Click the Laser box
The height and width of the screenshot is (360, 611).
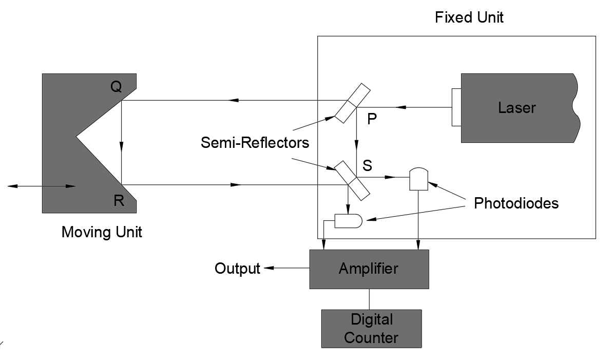pyautogui.click(x=516, y=108)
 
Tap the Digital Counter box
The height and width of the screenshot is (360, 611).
pyautogui.click(x=371, y=329)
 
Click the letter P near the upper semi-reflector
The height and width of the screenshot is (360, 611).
pyautogui.click(x=373, y=119)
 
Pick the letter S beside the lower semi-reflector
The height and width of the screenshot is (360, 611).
pyautogui.click(x=368, y=166)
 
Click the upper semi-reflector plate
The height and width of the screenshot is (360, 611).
pyautogui.click(x=352, y=103)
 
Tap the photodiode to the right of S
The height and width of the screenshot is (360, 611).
pyautogui.click(x=419, y=179)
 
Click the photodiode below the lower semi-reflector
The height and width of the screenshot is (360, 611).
pyautogui.click(x=348, y=221)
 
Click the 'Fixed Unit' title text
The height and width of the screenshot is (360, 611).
pyautogui.click(x=469, y=18)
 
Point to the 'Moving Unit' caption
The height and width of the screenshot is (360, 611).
pyautogui.click(x=102, y=232)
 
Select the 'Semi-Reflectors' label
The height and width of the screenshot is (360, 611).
pyautogui.click(x=255, y=142)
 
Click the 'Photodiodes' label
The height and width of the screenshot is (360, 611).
pyautogui.click(x=516, y=203)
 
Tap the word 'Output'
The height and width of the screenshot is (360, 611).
pyautogui.click(x=237, y=269)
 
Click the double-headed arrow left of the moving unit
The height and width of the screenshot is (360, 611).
pyautogui.click(x=41, y=186)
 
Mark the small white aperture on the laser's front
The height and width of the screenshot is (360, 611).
pyautogui.click(x=456, y=107)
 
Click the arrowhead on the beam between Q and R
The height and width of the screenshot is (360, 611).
pyautogui.click(x=122, y=146)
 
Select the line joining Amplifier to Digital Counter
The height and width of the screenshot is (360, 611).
pyautogui.click(x=369, y=299)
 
